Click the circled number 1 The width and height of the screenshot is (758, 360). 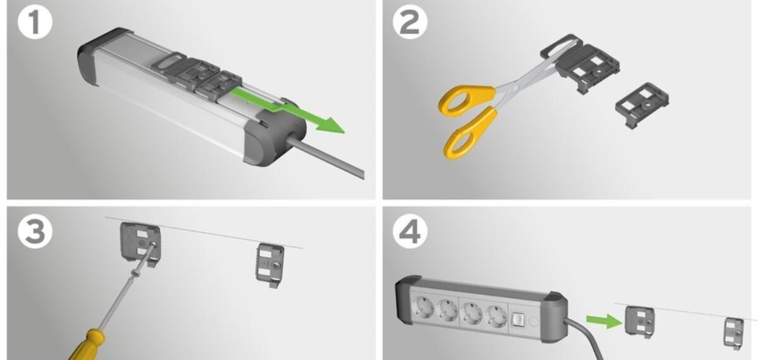35,22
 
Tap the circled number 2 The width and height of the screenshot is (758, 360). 410,22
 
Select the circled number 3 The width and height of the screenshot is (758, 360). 35,232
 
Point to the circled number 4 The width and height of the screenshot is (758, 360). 410,232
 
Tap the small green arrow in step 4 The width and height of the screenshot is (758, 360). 604,321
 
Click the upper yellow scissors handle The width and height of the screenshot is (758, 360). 466,100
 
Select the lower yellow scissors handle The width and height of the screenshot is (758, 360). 471,133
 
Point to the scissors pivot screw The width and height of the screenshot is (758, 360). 515,88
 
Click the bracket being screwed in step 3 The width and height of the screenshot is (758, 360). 140,244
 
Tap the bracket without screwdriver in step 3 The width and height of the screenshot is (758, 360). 270,265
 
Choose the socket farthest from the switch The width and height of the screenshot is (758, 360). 423,306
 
